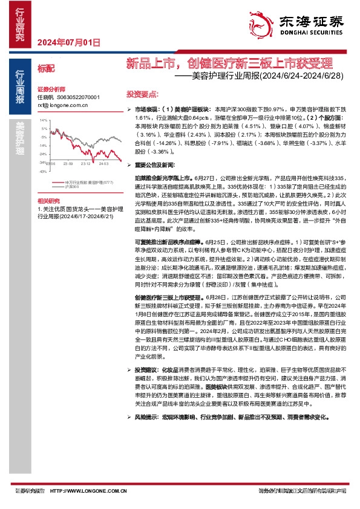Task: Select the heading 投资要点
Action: click(x=142, y=94)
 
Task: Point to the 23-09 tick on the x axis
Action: click(x=68, y=164)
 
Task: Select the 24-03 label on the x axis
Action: click(x=103, y=164)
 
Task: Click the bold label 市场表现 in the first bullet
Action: click(x=145, y=108)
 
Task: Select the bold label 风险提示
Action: click(x=146, y=416)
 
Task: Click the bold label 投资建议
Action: click(x=146, y=369)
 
